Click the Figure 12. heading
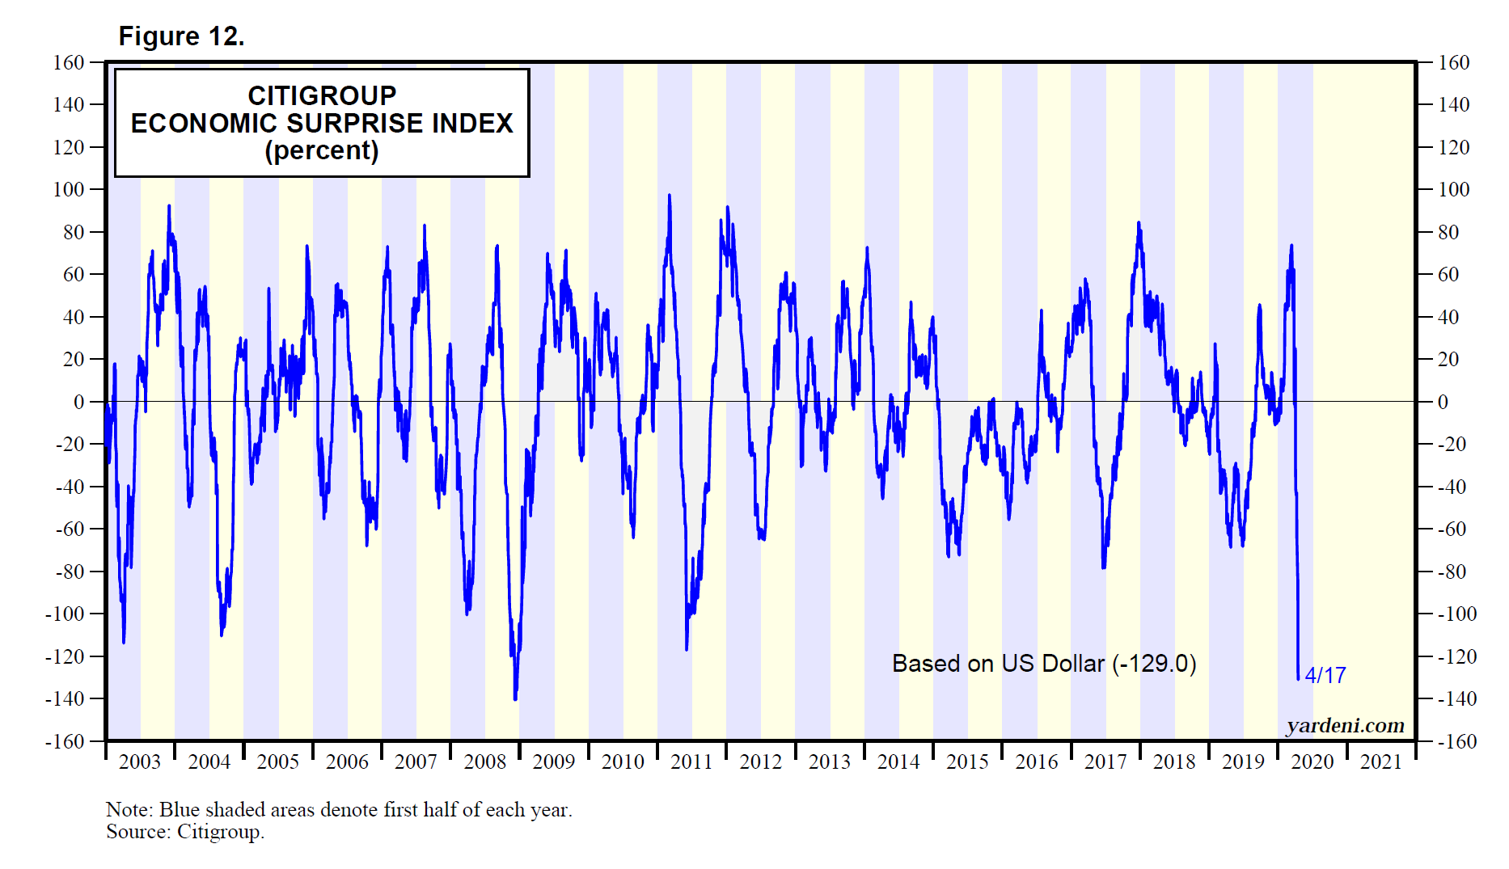[181, 36]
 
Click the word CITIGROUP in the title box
[322, 95]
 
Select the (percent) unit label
[322, 150]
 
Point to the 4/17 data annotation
[1325, 675]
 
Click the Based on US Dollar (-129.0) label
[1044, 664]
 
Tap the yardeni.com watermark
[1345, 725]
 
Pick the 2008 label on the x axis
[484, 761]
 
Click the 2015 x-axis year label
[967, 761]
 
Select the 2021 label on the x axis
[1380, 761]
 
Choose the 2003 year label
[140, 761]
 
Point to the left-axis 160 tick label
[69, 62]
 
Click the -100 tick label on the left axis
[65, 614]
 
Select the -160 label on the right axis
[1456, 741]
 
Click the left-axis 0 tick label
[78, 402]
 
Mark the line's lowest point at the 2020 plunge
[1299, 679]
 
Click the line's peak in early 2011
[670, 195]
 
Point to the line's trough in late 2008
[515, 699]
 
